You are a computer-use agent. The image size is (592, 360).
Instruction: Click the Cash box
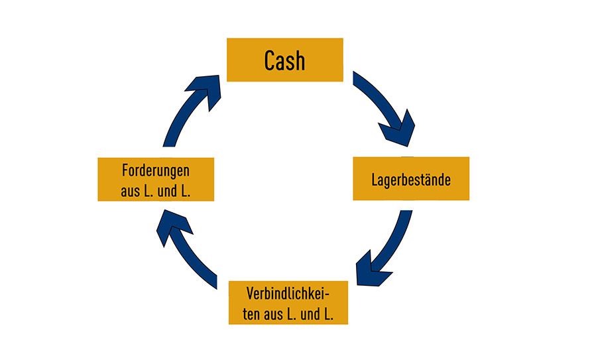(285, 60)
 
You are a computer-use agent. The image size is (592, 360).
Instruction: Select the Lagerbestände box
(410, 178)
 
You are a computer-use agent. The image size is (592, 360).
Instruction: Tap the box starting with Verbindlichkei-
(288, 302)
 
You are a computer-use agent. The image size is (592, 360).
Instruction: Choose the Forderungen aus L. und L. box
(156, 179)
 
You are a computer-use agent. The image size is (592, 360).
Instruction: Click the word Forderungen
(156, 170)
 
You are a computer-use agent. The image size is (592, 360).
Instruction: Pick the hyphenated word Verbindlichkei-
(288, 293)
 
